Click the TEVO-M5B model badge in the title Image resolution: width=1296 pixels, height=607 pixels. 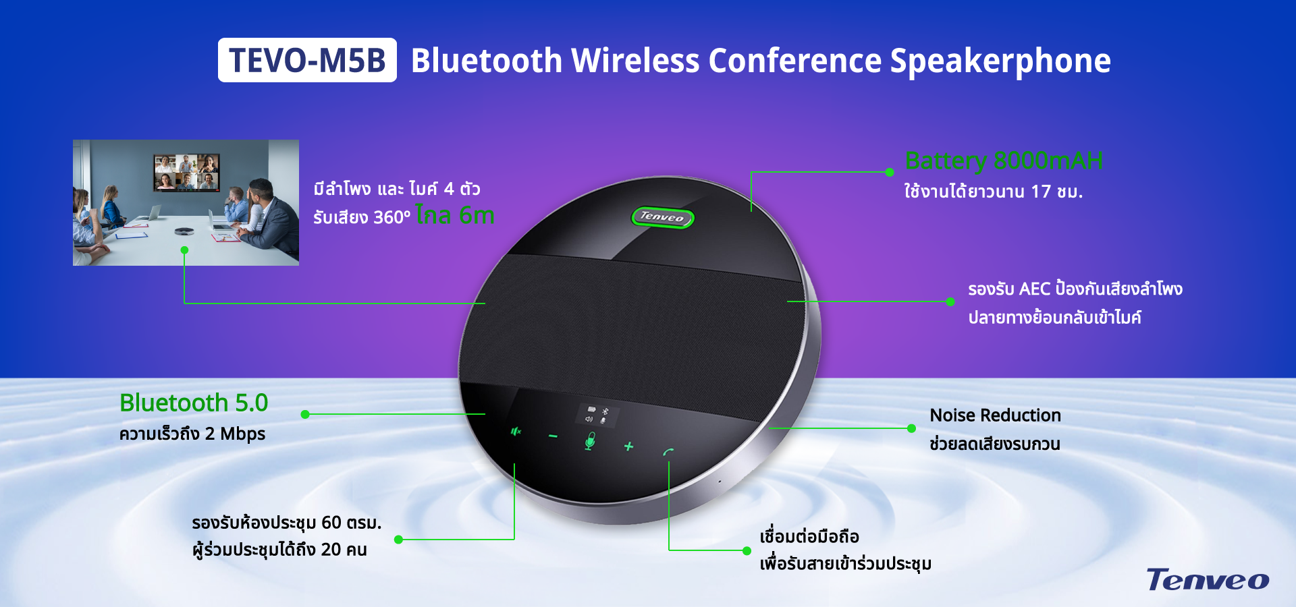click(x=307, y=60)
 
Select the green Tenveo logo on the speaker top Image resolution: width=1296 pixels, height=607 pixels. click(x=662, y=217)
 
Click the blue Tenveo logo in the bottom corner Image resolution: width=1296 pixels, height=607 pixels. click(x=1208, y=579)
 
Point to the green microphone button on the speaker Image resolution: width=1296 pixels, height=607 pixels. click(x=590, y=441)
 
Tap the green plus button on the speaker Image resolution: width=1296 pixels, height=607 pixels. click(x=628, y=446)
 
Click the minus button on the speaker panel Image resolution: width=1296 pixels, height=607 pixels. click(x=553, y=436)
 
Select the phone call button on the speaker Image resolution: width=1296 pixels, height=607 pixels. click(x=668, y=452)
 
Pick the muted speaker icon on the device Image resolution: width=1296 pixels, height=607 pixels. click(x=516, y=431)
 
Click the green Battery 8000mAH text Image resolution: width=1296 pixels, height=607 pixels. click(x=1004, y=161)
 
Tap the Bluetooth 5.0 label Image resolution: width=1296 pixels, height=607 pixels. click(x=194, y=403)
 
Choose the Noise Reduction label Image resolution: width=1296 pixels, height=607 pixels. click(x=995, y=415)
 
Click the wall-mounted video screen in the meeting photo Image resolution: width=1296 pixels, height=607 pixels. click(x=186, y=173)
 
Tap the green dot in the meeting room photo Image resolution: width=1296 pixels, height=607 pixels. click(x=184, y=250)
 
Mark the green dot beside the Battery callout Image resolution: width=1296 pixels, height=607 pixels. click(x=890, y=172)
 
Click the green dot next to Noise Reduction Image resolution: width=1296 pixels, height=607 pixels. click(x=911, y=428)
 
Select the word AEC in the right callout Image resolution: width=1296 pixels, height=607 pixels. click(x=1034, y=289)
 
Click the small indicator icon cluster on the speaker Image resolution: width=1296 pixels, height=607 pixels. click(x=596, y=415)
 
